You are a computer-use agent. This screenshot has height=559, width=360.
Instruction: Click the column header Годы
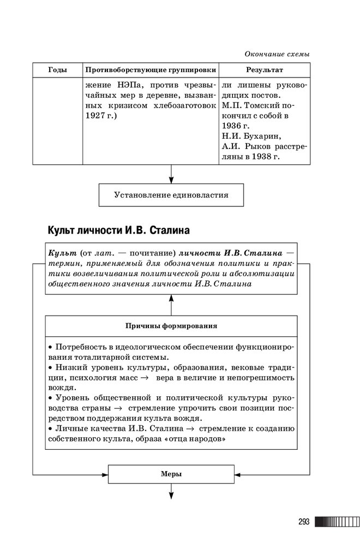tap(58, 70)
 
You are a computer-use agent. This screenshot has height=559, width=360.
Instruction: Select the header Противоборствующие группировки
tap(149, 70)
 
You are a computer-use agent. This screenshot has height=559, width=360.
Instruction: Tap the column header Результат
tap(264, 70)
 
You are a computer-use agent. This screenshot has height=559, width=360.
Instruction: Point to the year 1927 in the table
tap(94, 116)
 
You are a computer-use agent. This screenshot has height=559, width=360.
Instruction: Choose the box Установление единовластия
tap(171, 194)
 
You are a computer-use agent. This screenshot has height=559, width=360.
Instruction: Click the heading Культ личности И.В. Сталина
tap(118, 230)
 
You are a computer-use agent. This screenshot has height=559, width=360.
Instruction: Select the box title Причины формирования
tap(171, 326)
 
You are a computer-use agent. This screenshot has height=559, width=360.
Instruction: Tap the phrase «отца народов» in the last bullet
tap(196, 438)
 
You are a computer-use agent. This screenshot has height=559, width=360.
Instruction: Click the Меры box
tap(171, 474)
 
